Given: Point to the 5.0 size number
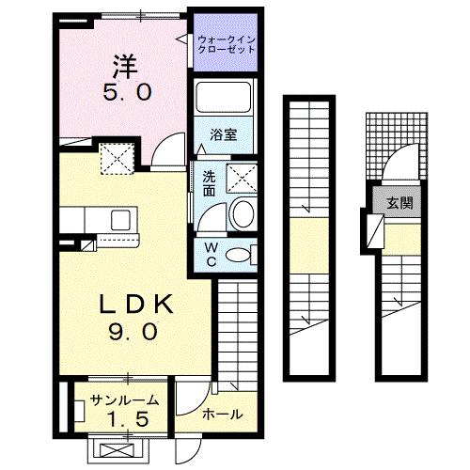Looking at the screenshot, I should tap(125, 93).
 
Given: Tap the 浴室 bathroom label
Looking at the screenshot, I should tap(223, 135).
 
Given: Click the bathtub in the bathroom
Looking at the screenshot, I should tap(224, 99).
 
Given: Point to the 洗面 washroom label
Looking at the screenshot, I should tap(208, 182).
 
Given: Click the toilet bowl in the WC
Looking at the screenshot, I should tap(242, 253).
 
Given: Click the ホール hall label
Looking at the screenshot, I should tap(222, 414).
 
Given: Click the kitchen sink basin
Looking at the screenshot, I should tap(122, 221).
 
